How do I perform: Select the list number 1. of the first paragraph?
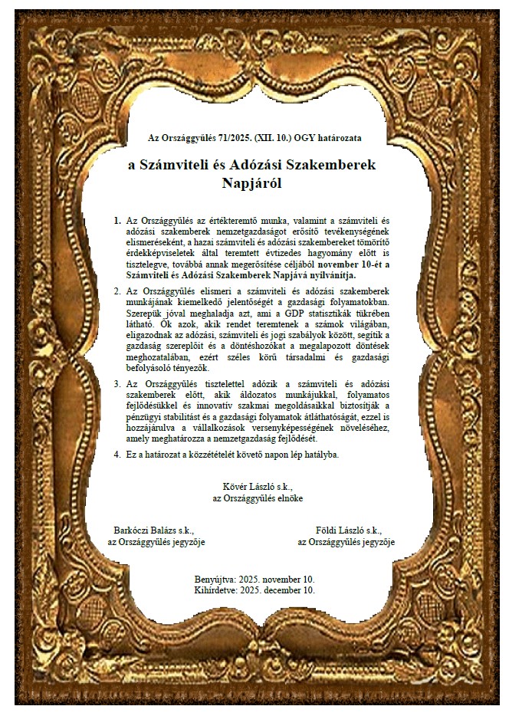tap(117, 221)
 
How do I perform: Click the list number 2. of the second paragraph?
tap(117, 292)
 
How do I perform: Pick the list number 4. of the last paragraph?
tap(117, 454)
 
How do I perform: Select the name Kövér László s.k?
tap(257, 486)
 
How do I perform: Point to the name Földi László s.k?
tap(348, 530)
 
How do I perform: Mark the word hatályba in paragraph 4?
tap(319, 454)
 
